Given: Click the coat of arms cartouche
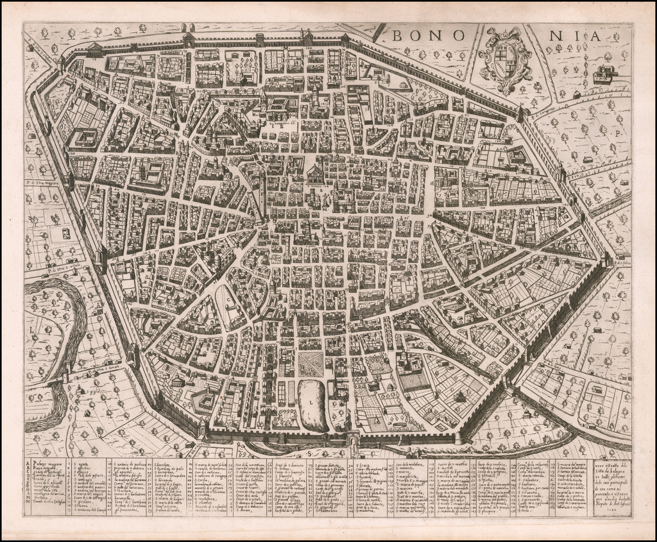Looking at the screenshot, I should click(x=505, y=61).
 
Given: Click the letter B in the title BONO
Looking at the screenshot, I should click(x=397, y=37).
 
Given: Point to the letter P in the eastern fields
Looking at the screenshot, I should click(x=615, y=134).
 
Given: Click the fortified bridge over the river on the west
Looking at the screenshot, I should click(x=66, y=375).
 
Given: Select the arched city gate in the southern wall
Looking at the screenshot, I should click(x=352, y=439).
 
